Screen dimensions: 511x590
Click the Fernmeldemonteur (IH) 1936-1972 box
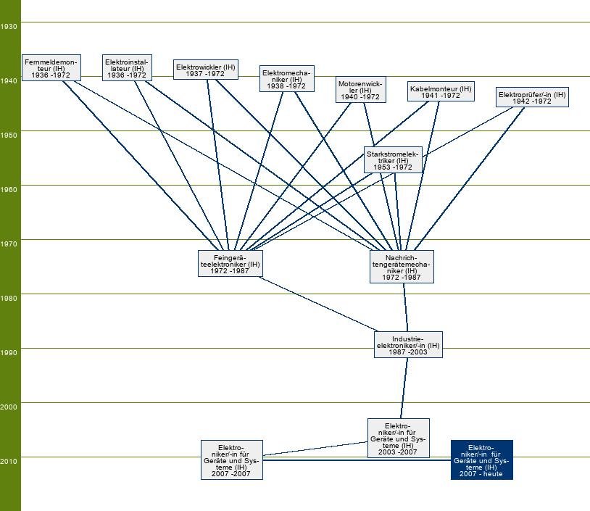pos(50,67)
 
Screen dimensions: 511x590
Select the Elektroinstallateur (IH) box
pos(127,67)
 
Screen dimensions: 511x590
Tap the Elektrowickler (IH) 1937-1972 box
pos(206,70)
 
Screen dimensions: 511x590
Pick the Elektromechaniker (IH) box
pos(286,78)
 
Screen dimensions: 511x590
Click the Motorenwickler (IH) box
pos(360,90)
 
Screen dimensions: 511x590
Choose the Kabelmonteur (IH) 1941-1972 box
pos(440,91)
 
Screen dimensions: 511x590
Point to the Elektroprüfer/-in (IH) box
pos(532,97)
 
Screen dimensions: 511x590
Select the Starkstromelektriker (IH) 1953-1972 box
pos(393,159)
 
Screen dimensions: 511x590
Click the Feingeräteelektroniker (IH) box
pos(230,264)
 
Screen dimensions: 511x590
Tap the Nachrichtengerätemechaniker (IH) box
pos(402,267)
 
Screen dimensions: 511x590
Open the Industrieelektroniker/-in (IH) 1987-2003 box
pos(408,345)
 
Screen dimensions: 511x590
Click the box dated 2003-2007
pos(398,439)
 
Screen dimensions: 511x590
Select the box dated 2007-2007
pos(231,460)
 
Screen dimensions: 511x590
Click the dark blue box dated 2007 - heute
pos(481,460)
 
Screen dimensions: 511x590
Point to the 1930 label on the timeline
pos(9,26)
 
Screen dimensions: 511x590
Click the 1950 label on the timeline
pos(9,135)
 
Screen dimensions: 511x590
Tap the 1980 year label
pos(9,298)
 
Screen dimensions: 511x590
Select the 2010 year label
pos(9,461)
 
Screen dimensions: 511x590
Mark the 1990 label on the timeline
pos(9,352)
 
